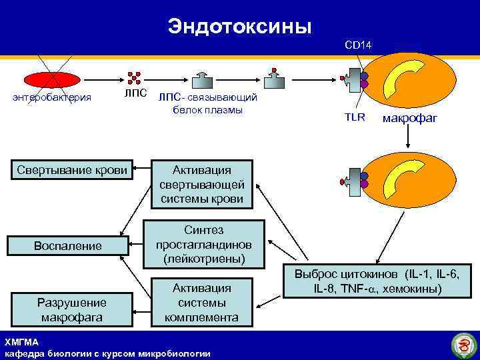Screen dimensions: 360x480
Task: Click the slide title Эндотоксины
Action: point(239,26)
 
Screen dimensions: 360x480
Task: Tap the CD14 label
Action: point(358,45)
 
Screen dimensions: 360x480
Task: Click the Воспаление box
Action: point(68,245)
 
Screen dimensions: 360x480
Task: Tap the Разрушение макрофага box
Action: point(71,309)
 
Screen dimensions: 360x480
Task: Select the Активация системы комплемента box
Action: point(202,302)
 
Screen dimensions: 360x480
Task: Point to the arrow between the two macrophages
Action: point(408,137)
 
